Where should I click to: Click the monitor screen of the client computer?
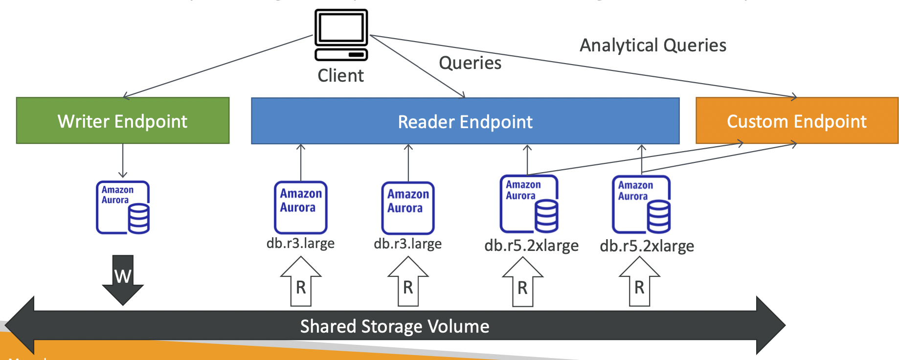point(341,27)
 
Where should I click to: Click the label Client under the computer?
point(340,76)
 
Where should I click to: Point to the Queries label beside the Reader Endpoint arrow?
point(470,63)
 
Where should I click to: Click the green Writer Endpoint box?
point(123,121)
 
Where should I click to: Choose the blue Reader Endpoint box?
point(465,121)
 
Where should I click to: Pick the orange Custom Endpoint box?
point(797,121)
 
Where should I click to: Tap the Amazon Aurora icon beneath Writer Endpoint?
point(122,207)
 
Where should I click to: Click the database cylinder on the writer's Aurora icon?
point(139,218)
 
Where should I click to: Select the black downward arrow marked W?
point(123,279)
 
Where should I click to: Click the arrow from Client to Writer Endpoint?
point(218,67)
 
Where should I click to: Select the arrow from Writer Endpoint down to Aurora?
point(123,160)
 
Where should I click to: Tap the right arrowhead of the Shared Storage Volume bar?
point(770,325)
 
